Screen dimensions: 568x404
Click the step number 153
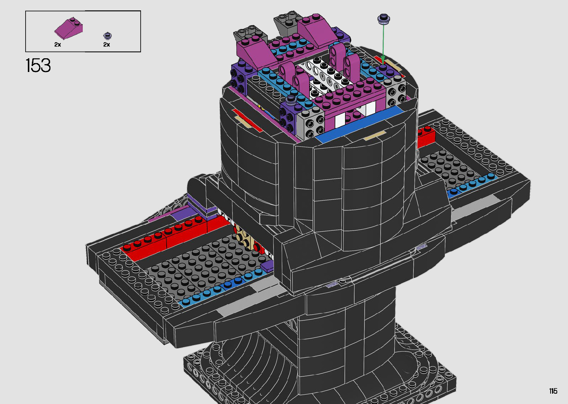38,65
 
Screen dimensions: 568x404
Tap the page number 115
554,391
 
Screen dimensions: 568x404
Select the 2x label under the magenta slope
58,45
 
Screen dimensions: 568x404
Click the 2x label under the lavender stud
106,45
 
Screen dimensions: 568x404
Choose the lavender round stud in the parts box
108,36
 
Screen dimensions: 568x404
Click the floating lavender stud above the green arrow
384,19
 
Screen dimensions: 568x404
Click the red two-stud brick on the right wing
426,137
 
